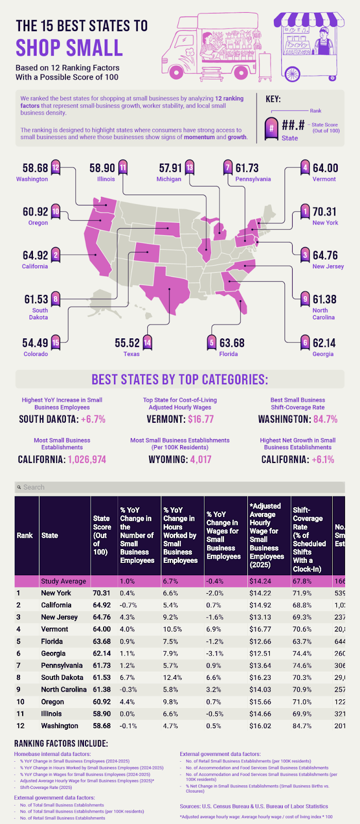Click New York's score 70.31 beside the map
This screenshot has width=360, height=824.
pyautogui.click(x=324, y=212)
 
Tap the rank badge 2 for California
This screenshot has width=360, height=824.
pyautogui.click(x=56, y=255)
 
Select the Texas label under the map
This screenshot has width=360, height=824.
pyautogui.click(x=131, y=354)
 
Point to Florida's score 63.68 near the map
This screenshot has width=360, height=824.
pyautogui.click(x=232, y=343)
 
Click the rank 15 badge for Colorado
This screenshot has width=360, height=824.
pyautogui.click(x=56, y=343)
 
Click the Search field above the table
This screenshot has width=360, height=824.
pyautogui.click(x=180, y=487)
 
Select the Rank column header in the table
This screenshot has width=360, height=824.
pyautogui.click(x=25, y=536)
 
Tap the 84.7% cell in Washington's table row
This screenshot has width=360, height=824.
pyautogui.click(x=302, y=726)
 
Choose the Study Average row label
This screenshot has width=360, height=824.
pyautogui.click(x=63, y=581)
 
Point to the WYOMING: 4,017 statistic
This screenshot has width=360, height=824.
pyautogui.click(x=180, y=459)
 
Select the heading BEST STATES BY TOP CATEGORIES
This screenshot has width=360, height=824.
pyautogui.click(x=180, y=380)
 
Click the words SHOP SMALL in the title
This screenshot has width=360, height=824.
pyautogui.click(x=69, y=48)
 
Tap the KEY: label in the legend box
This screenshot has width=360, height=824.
pyautogui.click(x=273, y=99)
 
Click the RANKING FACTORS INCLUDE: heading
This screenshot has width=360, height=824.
pyautogui.click(x=61, y=744)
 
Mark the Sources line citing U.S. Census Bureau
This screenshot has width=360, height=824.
pyautogui.click(x=253, y=806)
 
